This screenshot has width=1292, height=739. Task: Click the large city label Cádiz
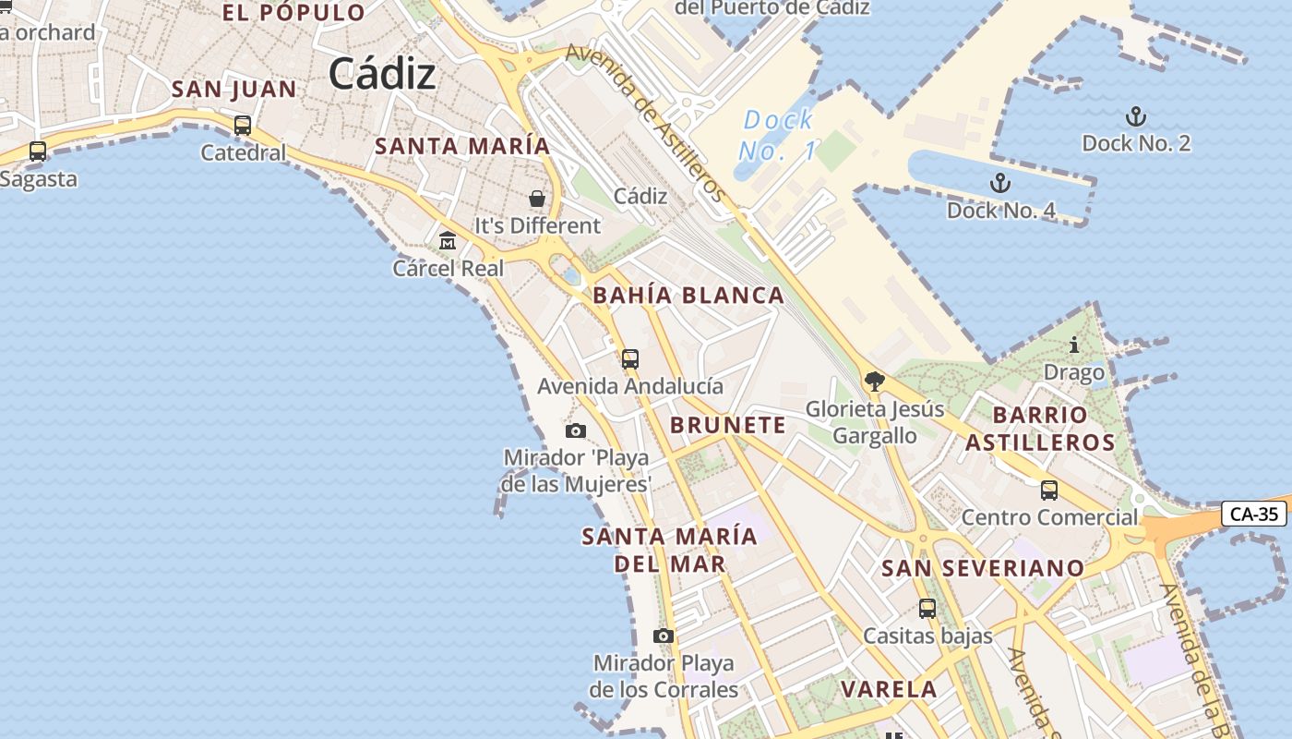coord(381,73)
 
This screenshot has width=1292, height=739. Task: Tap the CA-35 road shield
coord(1253,514)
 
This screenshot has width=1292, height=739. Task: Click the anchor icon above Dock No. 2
coord(1136,116)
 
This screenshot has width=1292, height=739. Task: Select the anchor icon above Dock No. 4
coord(999,183)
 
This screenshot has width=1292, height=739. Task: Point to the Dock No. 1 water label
coord(779,135)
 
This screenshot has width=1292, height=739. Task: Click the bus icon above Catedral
coord(243,125)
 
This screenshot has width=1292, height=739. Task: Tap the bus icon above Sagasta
coord(38,151)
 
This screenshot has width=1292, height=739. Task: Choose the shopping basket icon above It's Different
coord(537,199)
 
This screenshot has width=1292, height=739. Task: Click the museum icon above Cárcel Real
coord(448,241)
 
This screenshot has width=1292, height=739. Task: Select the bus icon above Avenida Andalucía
coord(630,359)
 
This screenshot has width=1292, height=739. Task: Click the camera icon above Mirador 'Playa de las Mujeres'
coord(575,430)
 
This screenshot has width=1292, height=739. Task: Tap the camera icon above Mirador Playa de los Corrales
coord(663,636)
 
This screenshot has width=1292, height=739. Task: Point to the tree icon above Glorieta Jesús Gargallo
coord(875,381)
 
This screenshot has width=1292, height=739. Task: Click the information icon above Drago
coord(1074,345)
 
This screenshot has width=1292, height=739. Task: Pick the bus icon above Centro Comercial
coord(1049,491)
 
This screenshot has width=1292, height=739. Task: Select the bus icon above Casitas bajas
coord(927,609)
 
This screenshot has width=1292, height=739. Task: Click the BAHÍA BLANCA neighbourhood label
coord(688,296)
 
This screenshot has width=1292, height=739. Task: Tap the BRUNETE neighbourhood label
coord(728,425)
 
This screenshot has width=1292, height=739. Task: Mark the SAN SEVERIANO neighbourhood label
coord(983,567)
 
